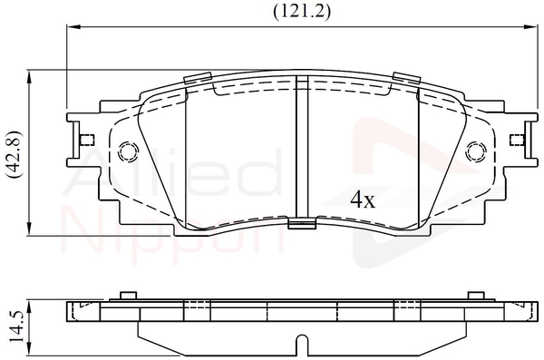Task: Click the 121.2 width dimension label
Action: coord(302,12)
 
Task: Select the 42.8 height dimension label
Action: coord(15,155)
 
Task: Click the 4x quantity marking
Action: coord(363,199)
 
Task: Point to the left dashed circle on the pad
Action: coord(129,151)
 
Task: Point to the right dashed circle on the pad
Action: coord(476,151)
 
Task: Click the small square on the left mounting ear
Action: coord(87,140)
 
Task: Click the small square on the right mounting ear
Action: coord(517,140)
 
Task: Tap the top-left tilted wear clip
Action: coord(198,78)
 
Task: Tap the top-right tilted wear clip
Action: coord(407,78)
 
